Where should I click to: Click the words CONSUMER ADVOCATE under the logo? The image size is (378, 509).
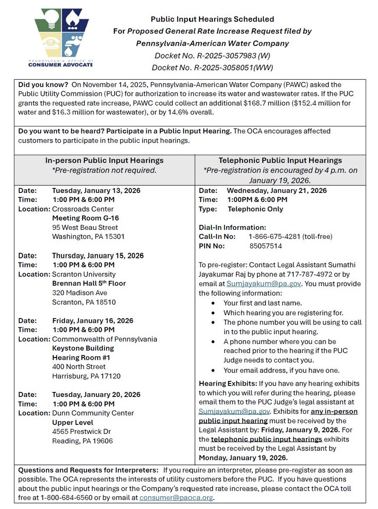pyautogui.click(x=61, y=65)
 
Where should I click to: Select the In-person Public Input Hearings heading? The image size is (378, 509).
pyautogui.click(x=104, y=161)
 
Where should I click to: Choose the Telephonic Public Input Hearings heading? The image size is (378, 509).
pyautogui.click(x=280, y=161)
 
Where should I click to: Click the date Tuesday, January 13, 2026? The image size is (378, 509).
pyautogui.click(x=96, y=190)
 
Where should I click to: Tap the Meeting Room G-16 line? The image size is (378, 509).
pyautogui.click(x=85, y=218)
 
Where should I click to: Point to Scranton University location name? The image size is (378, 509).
pyautogui.click(x=84, y=274)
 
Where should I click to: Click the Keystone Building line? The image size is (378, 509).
pyautogui.click(x=83, y=348)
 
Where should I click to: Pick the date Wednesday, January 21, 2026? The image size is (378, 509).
pyautogui.click(x=276, y=190)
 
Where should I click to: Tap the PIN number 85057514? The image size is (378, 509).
pyautogui.click(x=265, y=246)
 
